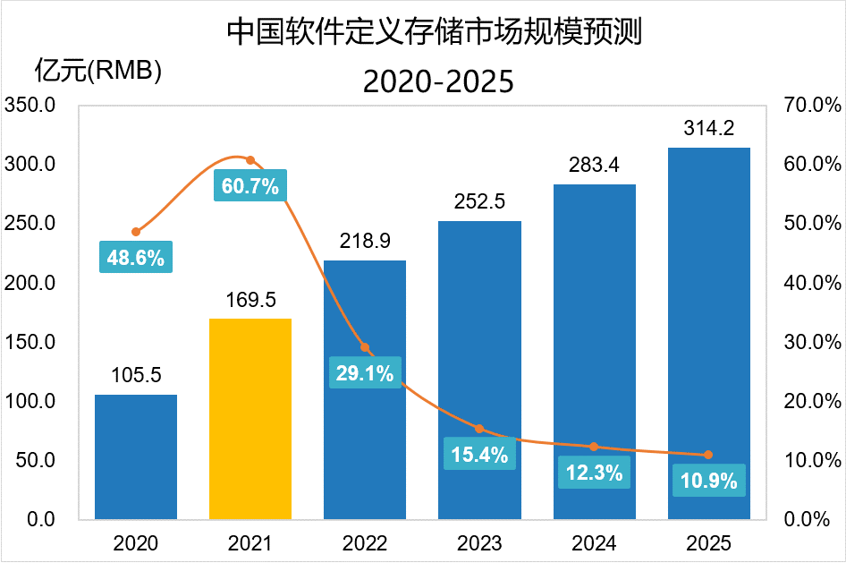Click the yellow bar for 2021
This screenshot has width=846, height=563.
click(x=250, y=419)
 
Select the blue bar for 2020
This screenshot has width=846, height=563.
click(x=136, y=456)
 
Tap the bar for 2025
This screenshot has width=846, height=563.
click(x=708, y=333)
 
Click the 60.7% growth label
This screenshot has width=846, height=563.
click(x=250, y=187)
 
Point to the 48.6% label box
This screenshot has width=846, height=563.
click(x=136, y=259)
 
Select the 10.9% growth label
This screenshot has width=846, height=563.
click(x=708, y=481)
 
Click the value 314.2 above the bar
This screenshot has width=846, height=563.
click(x=708, y=129)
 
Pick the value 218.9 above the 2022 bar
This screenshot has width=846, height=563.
click(x=365, y=242)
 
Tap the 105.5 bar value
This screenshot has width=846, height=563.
click(x=136, y=376)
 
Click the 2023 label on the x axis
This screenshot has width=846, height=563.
click(x=479, y=543)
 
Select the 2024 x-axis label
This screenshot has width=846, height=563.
click(x=594, y=543)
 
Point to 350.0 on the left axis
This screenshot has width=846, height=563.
click(x=30, y=106)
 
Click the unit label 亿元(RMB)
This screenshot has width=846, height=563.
click(x=97, y=70)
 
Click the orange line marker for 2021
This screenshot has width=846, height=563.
click(x=250, y=160)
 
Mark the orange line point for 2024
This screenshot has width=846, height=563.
click(x=594, y=447)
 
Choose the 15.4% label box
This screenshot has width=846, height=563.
click(x=479, y=454)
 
